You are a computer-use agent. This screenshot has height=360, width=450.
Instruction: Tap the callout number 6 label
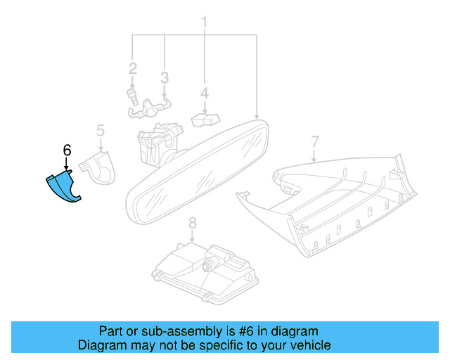pyautogui.click(x=67, y=150)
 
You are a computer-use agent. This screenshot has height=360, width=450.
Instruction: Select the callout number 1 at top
pyautogui.click(x=205, y=22)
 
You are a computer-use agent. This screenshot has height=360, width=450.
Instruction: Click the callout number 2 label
pyautogui.click(x=132, y=69)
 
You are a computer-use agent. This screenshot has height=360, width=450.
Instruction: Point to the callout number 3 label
pyautogui.click(x=164, y=77)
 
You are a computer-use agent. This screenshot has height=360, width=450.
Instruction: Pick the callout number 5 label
pyautogui.click(x=101, y=130)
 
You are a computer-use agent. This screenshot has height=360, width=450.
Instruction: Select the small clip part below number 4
pyautogui.click(x=204, y=120)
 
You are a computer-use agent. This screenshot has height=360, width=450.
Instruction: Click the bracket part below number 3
pyautogui.click(x=153, y=107)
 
